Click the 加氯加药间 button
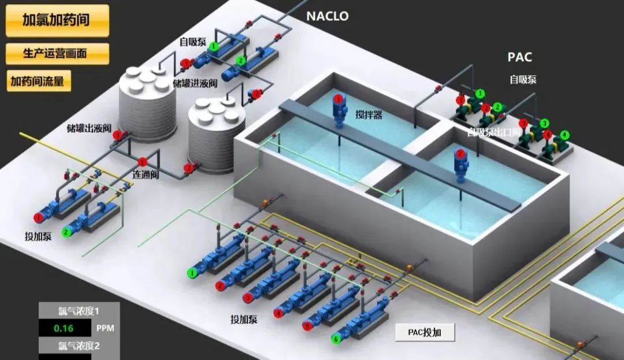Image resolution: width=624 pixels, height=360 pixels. click(x=57, y=20)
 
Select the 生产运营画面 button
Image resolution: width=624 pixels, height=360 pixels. click(x=57, y=53)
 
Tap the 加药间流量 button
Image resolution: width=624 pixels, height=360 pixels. click(x=38, y=81)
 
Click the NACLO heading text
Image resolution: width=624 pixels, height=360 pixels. click(x=327, y=16)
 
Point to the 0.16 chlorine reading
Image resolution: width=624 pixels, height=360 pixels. click(x=64, y=328)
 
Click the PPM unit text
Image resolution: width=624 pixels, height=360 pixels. click(x=105, y=328)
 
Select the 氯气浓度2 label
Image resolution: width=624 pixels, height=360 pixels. click(x=79, y=346)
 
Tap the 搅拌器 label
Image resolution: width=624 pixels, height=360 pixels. click(x=369, y=114)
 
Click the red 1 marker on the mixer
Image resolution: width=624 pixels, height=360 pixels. click(x=338, y=100)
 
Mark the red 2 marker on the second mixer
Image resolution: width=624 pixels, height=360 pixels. click(x=460, y=154)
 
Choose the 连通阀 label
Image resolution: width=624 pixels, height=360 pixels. click(x=146, y=174)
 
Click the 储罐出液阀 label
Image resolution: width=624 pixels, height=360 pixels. click(x=88, y=128)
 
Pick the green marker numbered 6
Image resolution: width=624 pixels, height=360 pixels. click(x=336, y=339)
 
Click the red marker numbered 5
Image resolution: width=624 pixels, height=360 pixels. click(x=307, y=326)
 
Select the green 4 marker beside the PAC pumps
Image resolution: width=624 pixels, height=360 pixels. click(x=564, y=135)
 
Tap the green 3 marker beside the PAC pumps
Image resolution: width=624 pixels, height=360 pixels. click(x=544, y=123)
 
